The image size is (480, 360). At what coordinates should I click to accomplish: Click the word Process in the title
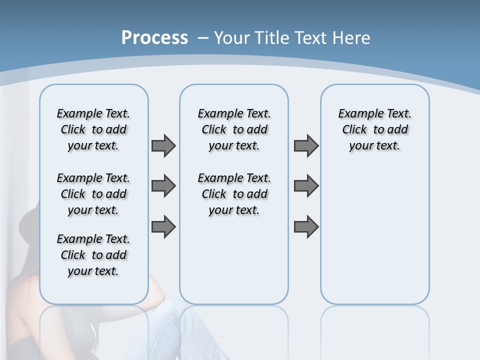point(154,37)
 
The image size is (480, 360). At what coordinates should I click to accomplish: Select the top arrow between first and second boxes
point(163,145)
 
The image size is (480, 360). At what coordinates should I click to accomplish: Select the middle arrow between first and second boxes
point(163,186)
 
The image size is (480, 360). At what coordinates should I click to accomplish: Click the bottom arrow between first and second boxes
point(163,226)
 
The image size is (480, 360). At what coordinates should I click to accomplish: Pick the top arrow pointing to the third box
point(306,145)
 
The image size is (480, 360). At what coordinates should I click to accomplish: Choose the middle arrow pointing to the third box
point(306,186)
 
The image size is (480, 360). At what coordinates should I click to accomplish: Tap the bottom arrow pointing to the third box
point(306,226)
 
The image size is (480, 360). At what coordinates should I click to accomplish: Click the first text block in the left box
point(93,129)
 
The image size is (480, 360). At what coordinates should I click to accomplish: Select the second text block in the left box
point(93,194)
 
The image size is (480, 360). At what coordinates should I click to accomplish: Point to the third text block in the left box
point(93,255)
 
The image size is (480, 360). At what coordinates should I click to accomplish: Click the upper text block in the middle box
point(234,129)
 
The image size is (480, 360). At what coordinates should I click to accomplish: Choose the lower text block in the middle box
point(234,194)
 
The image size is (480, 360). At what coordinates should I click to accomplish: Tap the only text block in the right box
point(374,129)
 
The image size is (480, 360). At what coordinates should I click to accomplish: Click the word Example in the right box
point(355,114)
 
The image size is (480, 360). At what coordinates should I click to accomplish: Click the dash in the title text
point(203,38)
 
